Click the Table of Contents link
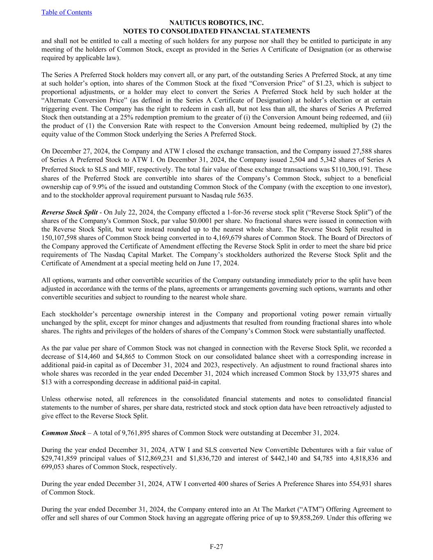(x=66, y=12)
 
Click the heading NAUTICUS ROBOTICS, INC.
(x=216, y=23)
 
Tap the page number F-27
(x=216, y=546)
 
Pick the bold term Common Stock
(x=64, y=433)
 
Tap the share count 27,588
(x=360, y=151)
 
